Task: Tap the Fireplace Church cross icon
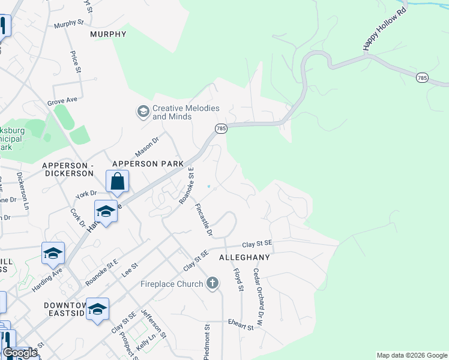coord(212,283)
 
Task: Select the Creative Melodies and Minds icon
coord(143,112)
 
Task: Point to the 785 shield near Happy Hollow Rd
coord(422,77)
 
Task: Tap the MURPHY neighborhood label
coord(108,34)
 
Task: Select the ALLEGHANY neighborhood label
coord(245,257)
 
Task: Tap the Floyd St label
coord(238,280)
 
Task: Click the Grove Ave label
coord(63,100)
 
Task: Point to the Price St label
coord(76,62)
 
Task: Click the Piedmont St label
coord(207,342)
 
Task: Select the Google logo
coord(20,353)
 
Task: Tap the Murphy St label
coord(69,24)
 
